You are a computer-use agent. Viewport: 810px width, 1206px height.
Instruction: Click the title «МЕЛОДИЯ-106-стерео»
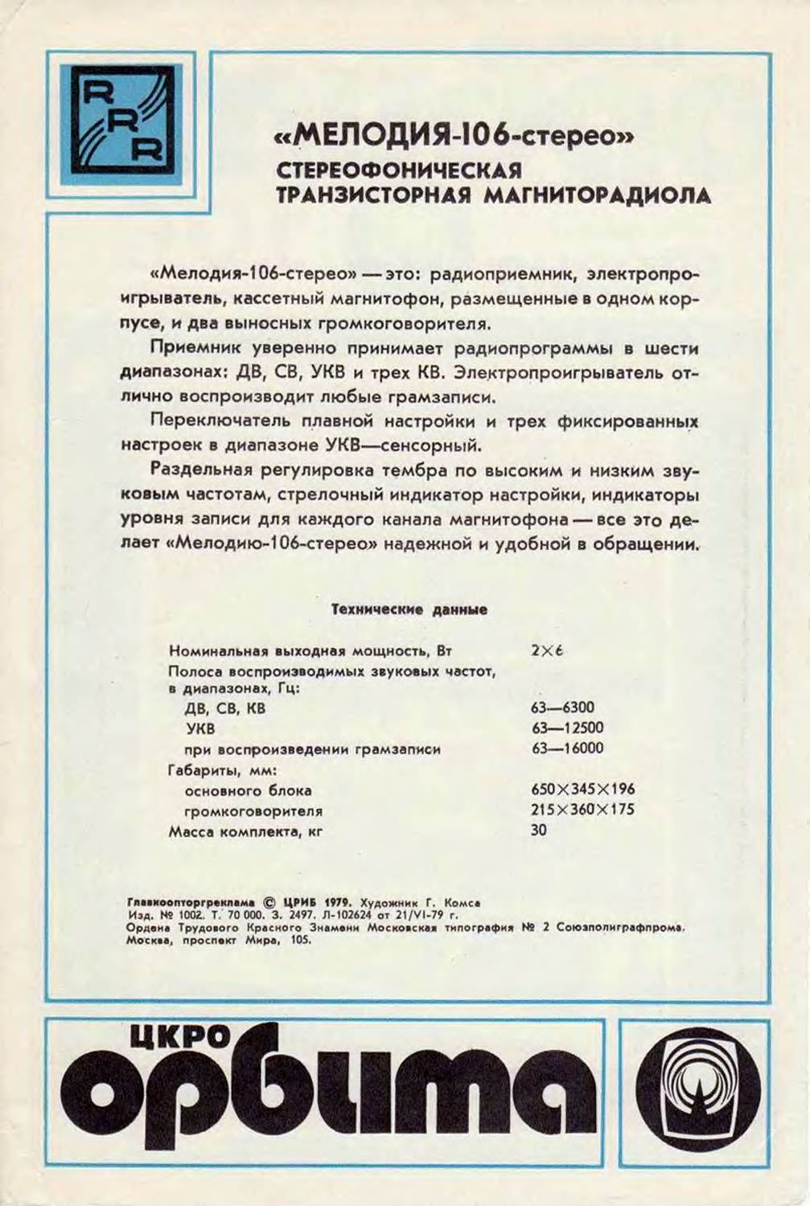coord(455,139)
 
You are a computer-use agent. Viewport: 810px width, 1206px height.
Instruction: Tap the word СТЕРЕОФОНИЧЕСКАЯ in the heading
coord(399,171)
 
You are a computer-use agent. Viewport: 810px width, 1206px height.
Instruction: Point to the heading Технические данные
coord(409,609)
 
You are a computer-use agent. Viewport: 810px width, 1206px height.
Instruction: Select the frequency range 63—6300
coord(562,708)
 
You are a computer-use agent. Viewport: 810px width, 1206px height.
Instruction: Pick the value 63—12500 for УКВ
coord(566,728)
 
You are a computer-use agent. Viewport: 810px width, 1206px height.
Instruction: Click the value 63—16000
coord(566,749)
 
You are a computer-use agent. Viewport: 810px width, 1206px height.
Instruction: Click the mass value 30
coord(538,830)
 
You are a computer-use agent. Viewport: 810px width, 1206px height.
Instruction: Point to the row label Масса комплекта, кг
coord(245,832)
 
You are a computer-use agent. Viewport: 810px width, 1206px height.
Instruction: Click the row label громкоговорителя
coord(253,811)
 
